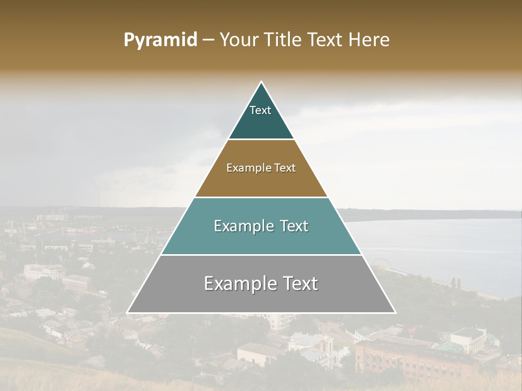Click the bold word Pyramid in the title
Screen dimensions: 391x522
click(x=160, y=40)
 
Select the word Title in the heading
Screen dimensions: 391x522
click(x=284, y=40)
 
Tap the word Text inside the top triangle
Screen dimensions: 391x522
click(x=260, y=110)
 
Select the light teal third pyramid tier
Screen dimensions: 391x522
click(x=261, y=239)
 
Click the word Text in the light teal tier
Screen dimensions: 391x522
click(x=291, y=226)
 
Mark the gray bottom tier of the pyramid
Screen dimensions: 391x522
click(x=261, y=299)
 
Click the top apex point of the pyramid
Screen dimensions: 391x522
click(x=262, y=83)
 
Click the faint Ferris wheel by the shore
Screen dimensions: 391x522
click(x=379, y=264)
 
